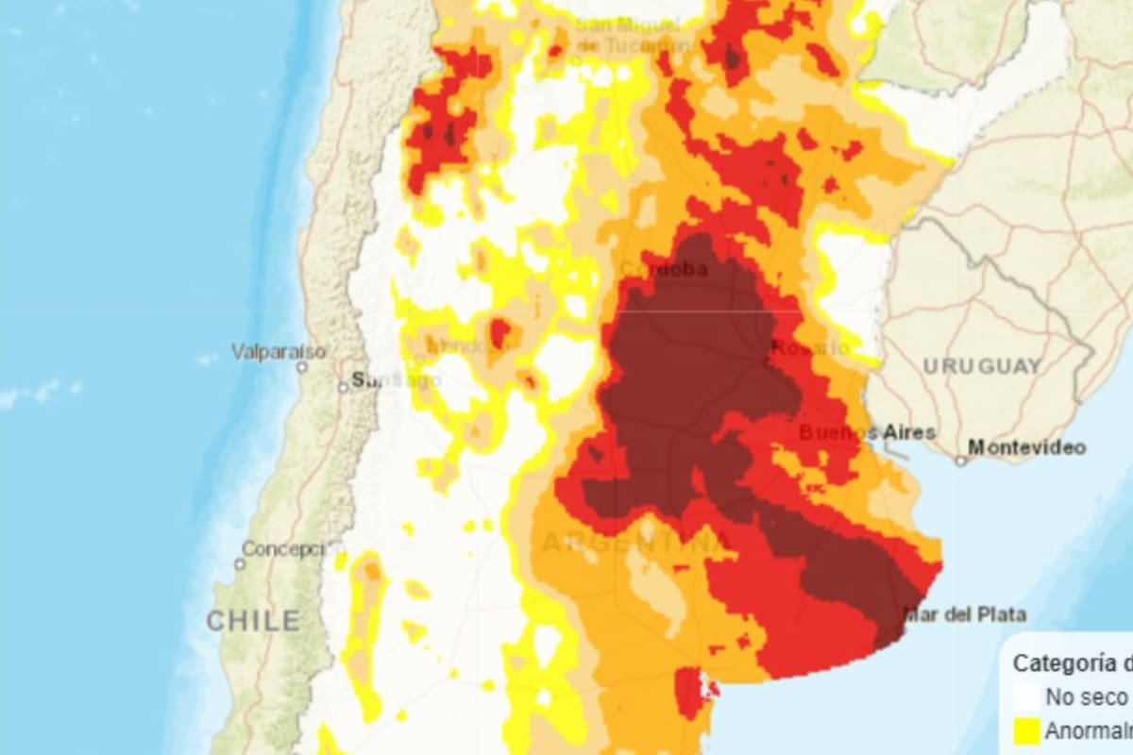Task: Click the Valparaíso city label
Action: (x=278, y=352)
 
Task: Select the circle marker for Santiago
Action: (x=344, y=387)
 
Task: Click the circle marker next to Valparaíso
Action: (x=302, y=367)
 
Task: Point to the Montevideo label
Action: (x=1027, y=447)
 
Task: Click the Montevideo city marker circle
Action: (x=961, y=461)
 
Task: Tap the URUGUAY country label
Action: (x=982, y=366)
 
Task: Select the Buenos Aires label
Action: (x=867, y=433)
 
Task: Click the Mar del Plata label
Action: (x=964, y=615)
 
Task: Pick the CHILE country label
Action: (x=253, y=621)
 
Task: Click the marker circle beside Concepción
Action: (x=240, y=563)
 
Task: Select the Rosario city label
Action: (x=809, y=347)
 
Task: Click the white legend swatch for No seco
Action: (x=1026, y=697)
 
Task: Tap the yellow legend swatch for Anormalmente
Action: (x=1026, y=730)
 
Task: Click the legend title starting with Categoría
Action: (x=1072, y=663)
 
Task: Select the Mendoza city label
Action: (x=467, y=347)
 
